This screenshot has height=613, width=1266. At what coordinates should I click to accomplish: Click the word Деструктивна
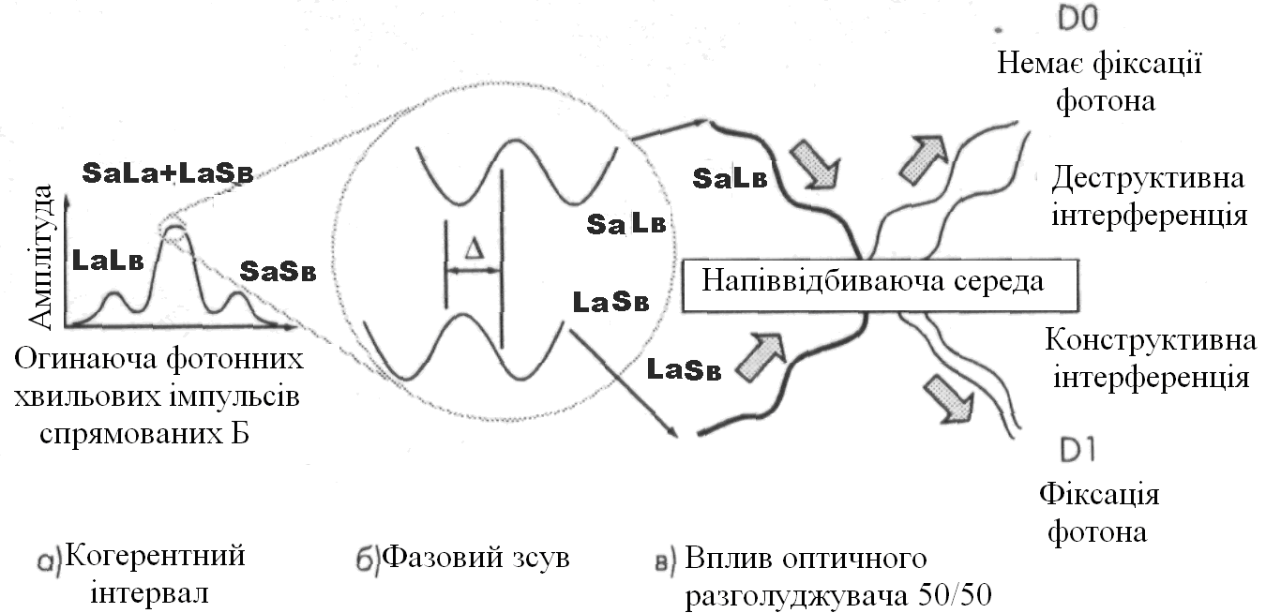tap(1148, 178)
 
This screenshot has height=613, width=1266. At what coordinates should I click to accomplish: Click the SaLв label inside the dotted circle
tap(625, 224)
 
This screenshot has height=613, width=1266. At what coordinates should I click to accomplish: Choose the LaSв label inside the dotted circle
tap(610, 304)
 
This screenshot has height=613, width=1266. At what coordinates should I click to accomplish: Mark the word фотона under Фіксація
tap(1096, 532)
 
